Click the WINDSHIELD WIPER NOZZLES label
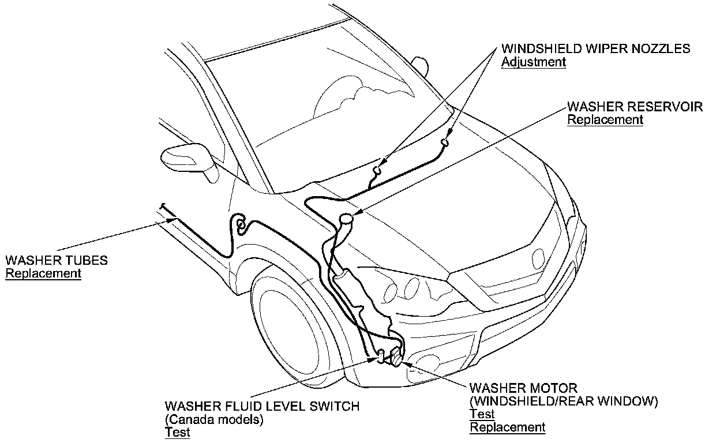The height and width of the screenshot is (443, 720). click(595, 48)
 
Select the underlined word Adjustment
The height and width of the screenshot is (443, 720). click(533, 62)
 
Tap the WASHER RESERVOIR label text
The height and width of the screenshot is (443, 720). click(635, 107)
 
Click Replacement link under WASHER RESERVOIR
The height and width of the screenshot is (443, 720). click(605, 120)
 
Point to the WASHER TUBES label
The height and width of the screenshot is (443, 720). click(56, 260)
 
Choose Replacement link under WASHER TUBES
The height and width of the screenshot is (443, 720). click(43, 273)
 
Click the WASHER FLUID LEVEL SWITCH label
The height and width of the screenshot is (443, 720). click(262, 406)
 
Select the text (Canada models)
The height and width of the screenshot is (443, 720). click(214, 419)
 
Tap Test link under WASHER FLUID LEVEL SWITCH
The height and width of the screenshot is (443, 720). click(177, 433)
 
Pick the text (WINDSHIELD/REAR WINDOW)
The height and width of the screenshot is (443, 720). click(564, 401)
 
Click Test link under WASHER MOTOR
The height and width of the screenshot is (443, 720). click(482, 414)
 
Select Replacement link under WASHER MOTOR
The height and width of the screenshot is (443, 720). click(507, 427)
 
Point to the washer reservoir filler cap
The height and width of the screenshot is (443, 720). click(346, 218)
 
